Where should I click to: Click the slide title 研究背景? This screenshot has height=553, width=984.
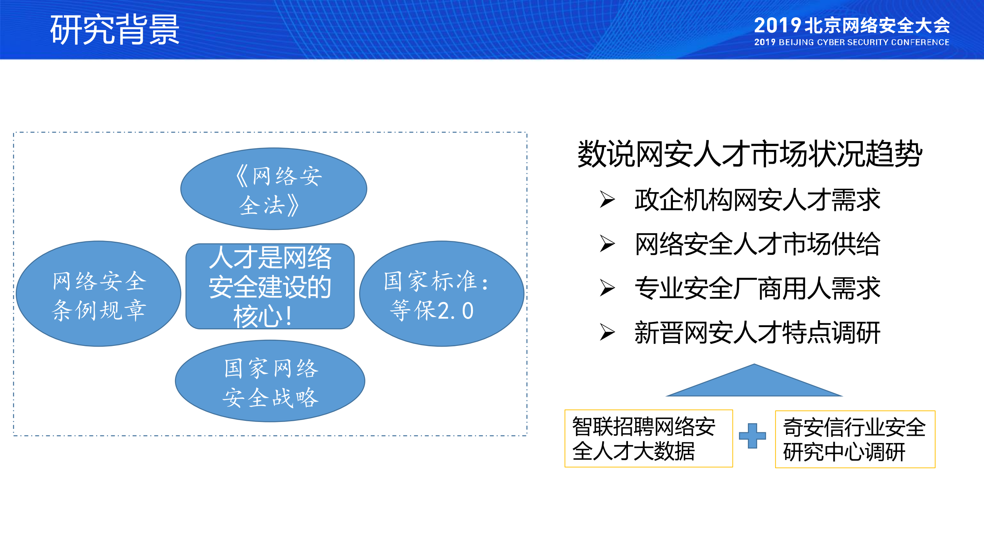(115, 30)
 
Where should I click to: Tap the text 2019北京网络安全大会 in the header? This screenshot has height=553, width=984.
(851, 26)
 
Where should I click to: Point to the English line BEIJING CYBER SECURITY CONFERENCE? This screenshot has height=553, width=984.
(864, 42)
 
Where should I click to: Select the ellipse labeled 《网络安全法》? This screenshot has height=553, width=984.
(273, 189)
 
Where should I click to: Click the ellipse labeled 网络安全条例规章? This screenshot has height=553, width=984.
(98, 294)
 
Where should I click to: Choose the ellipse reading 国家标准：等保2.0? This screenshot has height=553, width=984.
(441, 294)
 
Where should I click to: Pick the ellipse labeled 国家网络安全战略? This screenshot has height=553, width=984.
(270, 381)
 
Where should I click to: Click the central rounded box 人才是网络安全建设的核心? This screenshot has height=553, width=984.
(270, 286)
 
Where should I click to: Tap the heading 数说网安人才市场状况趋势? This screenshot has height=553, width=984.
(750, 154)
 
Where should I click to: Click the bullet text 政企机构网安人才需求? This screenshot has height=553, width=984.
(757, 200)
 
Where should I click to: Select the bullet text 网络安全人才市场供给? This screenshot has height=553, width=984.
(757, 244)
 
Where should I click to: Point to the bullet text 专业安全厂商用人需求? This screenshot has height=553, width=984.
(757, 288)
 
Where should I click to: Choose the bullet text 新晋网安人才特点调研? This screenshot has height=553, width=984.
(757, 332)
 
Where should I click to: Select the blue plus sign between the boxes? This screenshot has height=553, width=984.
(752, 436)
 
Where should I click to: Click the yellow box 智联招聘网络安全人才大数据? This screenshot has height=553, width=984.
(648, 438)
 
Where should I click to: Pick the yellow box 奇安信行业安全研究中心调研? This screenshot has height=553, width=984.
(855, 439)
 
